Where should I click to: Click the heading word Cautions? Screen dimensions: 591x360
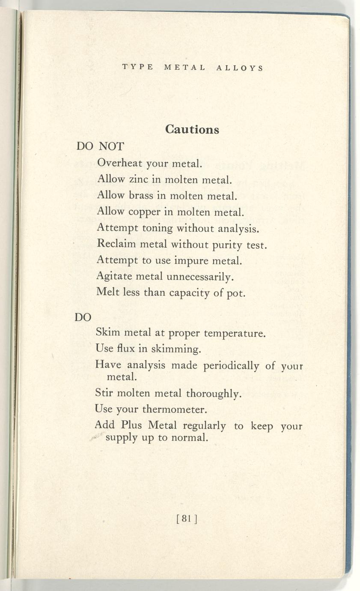click(x=192, y=129)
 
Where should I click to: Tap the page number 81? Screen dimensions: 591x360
click(x=186, y=519)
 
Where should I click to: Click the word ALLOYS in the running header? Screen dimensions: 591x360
click(x=239, y=68)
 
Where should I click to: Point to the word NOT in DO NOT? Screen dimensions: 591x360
click(x=111, y=146)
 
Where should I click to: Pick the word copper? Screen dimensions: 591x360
click(x=143, y=212)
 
